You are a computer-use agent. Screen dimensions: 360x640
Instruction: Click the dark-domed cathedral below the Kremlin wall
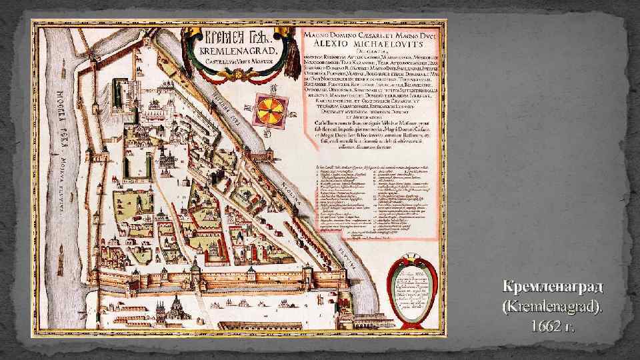coord(177,308)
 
